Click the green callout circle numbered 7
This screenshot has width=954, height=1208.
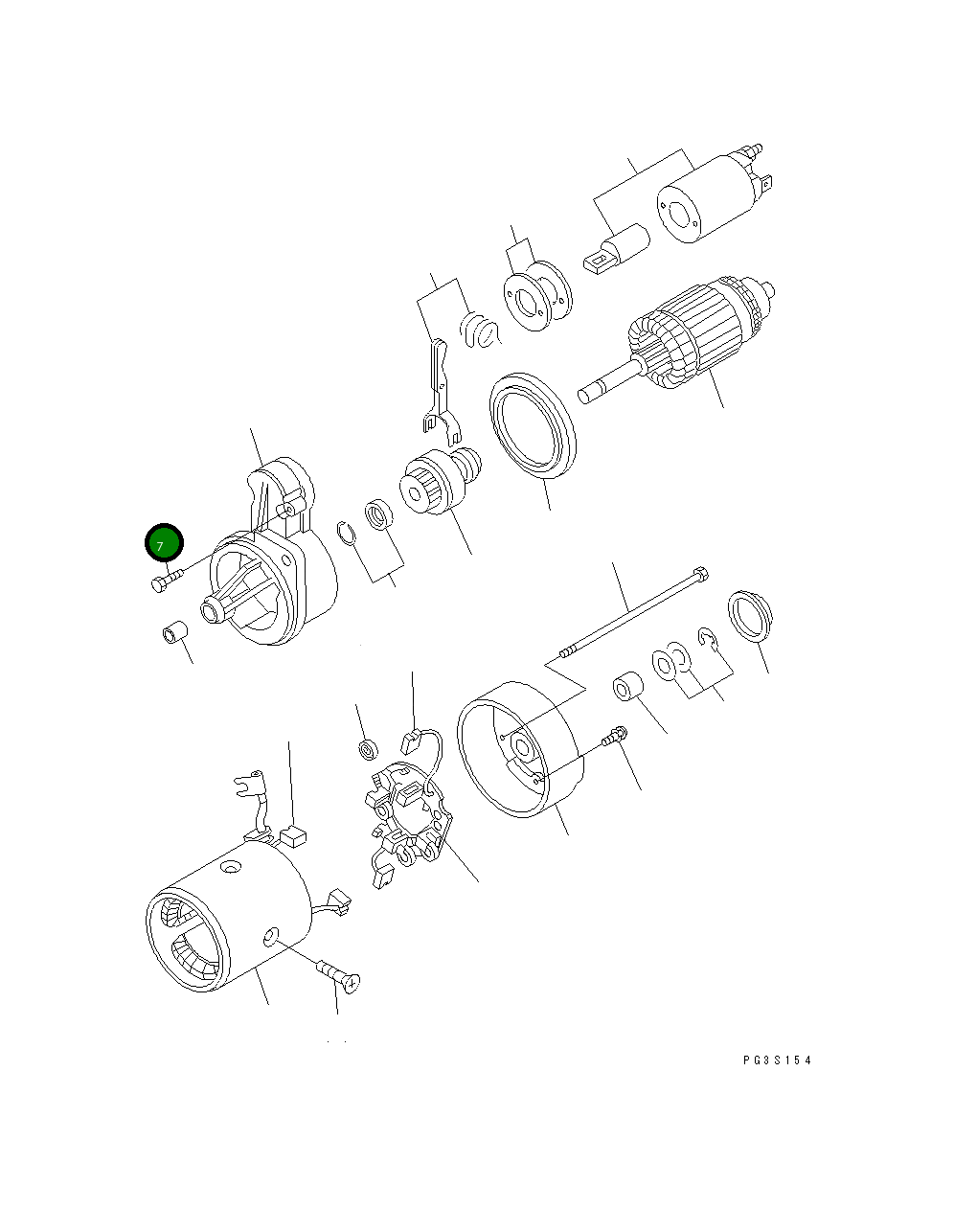(x=163, y=543)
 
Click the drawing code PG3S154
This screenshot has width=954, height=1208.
(x=776, y=1060)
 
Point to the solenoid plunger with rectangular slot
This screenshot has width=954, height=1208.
(x=616, y=250)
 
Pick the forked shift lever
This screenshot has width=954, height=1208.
(x=437, y=383)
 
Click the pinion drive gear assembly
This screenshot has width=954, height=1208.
(x=436, y=487)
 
